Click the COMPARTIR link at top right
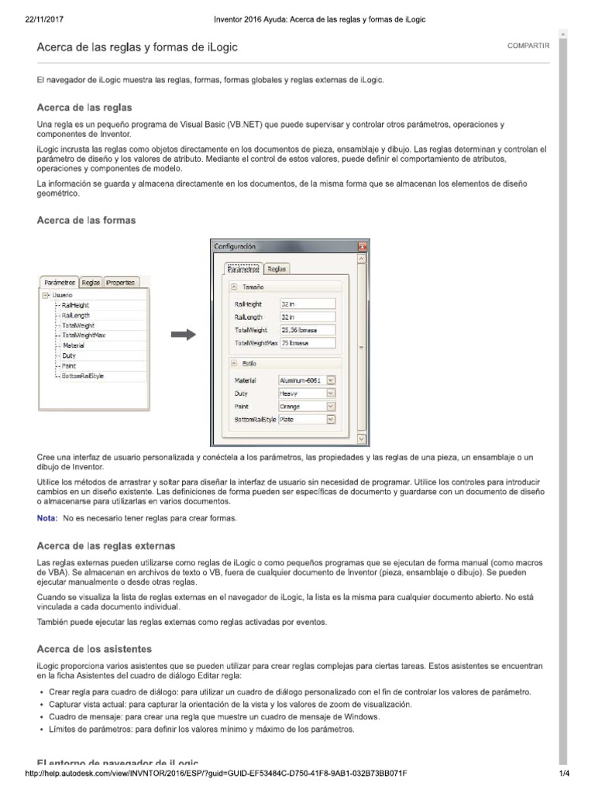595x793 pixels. point(528,46)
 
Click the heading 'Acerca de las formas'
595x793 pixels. point(87,220)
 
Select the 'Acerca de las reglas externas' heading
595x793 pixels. point(106,546)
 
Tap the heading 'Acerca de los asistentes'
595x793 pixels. point(95,648)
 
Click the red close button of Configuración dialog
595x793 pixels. point(362,245)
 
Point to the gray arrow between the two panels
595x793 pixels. point(182,334)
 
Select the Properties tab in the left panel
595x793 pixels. point(121,283)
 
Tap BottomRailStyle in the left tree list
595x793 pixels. point(83,376)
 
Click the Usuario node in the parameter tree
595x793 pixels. point(63,295)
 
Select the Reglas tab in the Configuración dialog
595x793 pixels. point(277,269)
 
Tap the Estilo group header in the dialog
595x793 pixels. point(249,362)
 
